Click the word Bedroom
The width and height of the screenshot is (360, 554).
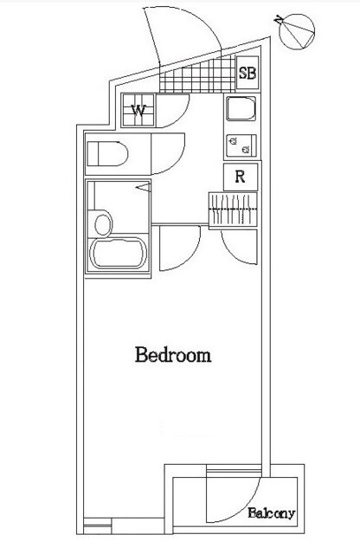[x=173, y=355]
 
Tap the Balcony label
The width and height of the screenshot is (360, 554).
[x=271, y=513]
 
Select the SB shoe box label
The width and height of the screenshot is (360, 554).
[x=247, y=73]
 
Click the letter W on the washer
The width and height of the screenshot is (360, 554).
[x=138, y=111]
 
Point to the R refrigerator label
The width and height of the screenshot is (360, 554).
[x=241, y=177]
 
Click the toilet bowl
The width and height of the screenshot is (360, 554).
[x=107, y=154]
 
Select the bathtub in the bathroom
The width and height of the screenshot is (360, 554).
[x=118, y=253]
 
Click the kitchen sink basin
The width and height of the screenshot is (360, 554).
[x=241, y=108]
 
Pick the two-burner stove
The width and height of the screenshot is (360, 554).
[x=241, y=145]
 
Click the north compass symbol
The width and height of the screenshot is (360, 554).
[x=296, y=31]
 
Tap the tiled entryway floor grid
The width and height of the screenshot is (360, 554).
[x=197, y=76]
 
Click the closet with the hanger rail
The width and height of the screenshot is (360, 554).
[x=233, y=209]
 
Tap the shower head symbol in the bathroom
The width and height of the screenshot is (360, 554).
[x=145, y=188]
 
